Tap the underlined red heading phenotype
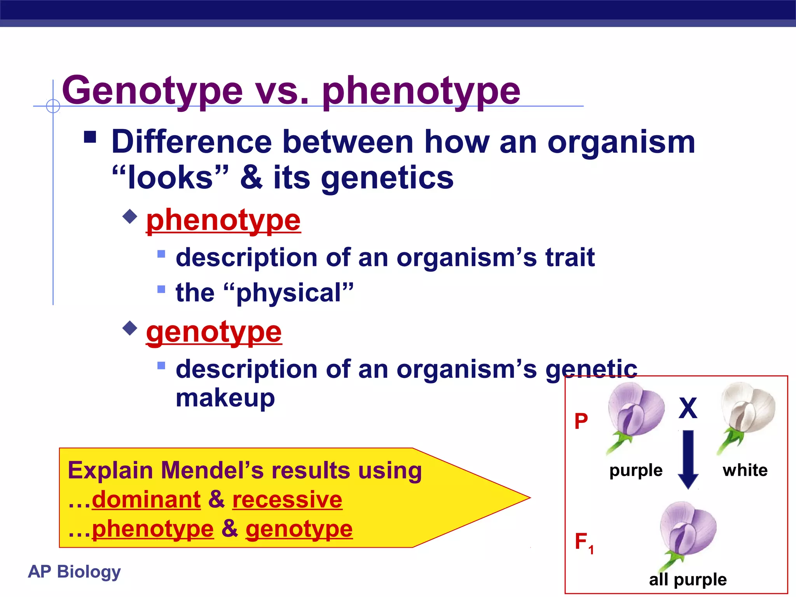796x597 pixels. click(223, 221)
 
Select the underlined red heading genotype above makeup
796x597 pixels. click(214, 333)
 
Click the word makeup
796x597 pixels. click(225, 398)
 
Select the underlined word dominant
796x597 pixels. click(146, 499)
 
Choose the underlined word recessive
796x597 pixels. click(287, 499)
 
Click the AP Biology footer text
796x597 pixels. click(74, 572)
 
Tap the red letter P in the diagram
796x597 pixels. click(581, 421)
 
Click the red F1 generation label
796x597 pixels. click(583, 542)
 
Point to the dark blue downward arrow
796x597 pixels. click(688, 459)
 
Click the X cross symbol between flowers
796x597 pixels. click(688, 408)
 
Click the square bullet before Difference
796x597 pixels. click(90, 137)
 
